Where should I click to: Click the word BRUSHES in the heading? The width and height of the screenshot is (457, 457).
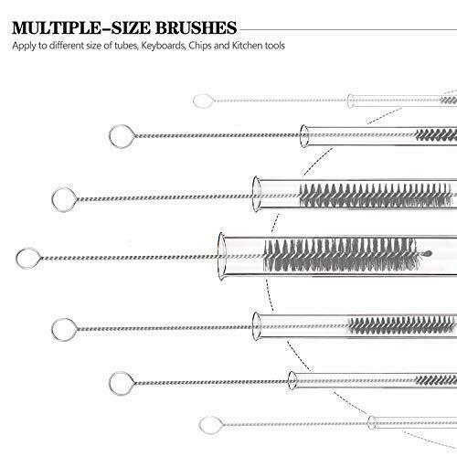click(197, 27)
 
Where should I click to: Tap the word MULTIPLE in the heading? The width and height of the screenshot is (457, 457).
click(57, 27)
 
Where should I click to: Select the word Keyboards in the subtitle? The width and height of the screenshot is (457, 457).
click(164, 46)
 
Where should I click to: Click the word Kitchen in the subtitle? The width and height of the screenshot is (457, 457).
click(247, 46)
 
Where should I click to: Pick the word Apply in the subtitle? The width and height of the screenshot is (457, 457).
click(24, 46)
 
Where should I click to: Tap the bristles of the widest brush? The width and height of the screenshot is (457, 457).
click(341, 255)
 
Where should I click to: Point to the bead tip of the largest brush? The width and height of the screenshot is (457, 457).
click(427, 253)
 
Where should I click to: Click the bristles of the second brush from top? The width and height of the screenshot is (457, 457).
click(436, 134)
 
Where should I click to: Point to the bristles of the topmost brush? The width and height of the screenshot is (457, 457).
click(449, 101)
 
